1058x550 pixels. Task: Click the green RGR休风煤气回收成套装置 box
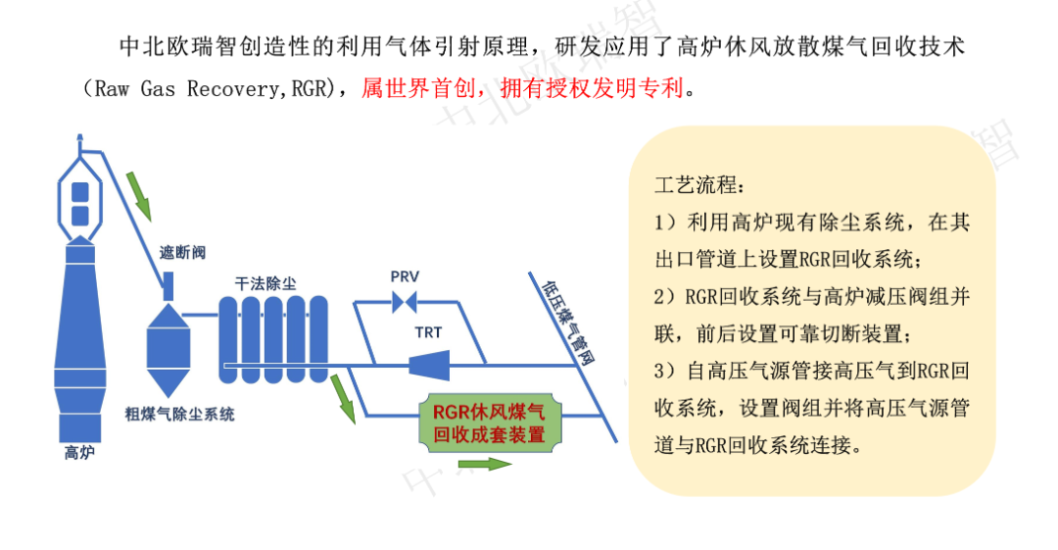tap(490, 423)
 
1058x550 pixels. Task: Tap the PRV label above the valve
tap(405, 276)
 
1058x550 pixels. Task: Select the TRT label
tap(428, 332)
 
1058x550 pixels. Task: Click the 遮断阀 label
tap(182, 253)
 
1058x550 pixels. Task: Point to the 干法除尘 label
tap(265, 283)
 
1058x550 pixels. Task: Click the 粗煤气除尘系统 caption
tap(179, 415)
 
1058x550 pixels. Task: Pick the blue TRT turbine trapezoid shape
tap(428, 366)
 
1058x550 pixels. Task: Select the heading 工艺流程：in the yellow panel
tap(700, 186)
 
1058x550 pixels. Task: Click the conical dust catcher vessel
tap(167, 343)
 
